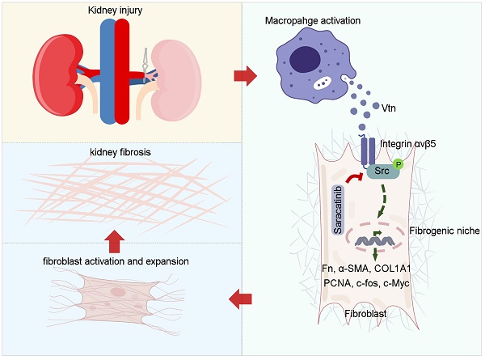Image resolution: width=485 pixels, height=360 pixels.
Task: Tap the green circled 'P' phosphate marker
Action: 398,164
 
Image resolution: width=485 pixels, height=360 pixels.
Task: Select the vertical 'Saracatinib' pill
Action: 339,209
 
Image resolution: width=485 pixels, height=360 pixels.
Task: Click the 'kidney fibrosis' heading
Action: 121,152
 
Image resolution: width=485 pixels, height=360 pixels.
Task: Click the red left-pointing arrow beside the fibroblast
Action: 240,300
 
